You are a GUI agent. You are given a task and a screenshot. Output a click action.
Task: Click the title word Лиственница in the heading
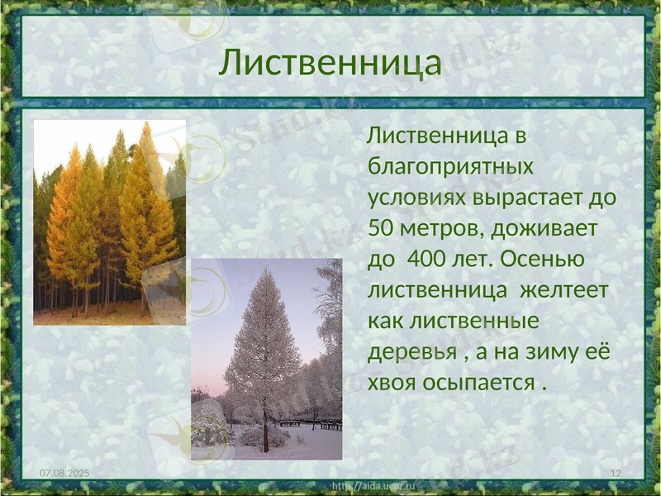coord(330,63)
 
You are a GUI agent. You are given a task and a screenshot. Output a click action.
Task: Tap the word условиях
coord(417,198)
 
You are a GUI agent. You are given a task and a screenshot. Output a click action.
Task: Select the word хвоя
coord(391,384)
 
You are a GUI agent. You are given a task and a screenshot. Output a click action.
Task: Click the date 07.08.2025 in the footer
coord(66,471)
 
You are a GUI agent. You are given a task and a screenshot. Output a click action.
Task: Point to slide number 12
coord(615,471)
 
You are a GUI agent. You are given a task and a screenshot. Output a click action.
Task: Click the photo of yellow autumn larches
coord(109,222)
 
